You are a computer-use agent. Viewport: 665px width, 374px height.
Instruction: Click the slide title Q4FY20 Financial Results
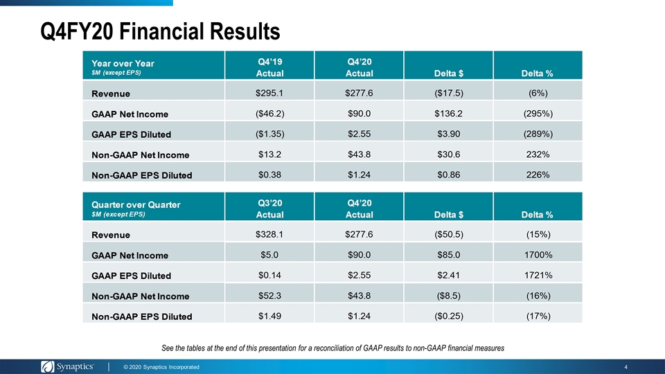(160, 31)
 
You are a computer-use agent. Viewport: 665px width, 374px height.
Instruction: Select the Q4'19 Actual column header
(269, 67)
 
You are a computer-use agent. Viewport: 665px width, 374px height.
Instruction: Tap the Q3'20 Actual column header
(269, 208)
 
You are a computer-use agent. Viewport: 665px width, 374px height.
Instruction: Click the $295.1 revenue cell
(269, 93)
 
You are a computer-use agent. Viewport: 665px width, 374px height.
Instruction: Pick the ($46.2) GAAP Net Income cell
(269, 113)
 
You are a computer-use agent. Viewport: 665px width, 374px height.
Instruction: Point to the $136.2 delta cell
(448, 113)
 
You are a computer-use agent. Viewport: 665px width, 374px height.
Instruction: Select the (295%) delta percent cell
(538, 113)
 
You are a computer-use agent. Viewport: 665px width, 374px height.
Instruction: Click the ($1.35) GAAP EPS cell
(269, 134)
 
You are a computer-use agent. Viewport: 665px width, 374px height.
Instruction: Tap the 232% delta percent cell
(538, 154)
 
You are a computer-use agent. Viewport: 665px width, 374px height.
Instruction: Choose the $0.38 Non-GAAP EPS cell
(269, 175)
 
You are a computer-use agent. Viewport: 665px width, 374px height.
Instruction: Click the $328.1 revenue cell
(269, 234)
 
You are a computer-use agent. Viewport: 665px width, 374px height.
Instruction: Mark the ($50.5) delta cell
(449, 234)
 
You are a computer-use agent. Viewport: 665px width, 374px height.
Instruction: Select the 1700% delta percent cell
(538, 254)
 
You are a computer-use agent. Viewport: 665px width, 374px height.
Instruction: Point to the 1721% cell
(538, 275)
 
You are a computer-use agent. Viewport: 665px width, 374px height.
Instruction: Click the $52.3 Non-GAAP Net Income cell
(269, 296)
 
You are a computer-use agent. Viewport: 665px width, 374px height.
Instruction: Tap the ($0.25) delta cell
(449, 316)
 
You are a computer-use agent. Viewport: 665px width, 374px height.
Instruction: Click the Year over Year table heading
(123, 64)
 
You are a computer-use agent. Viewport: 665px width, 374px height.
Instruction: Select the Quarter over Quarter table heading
(136, 205)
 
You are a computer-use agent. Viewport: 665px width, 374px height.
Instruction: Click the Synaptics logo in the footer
(67, 366)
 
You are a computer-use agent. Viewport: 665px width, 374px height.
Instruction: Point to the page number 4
(626, 367)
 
